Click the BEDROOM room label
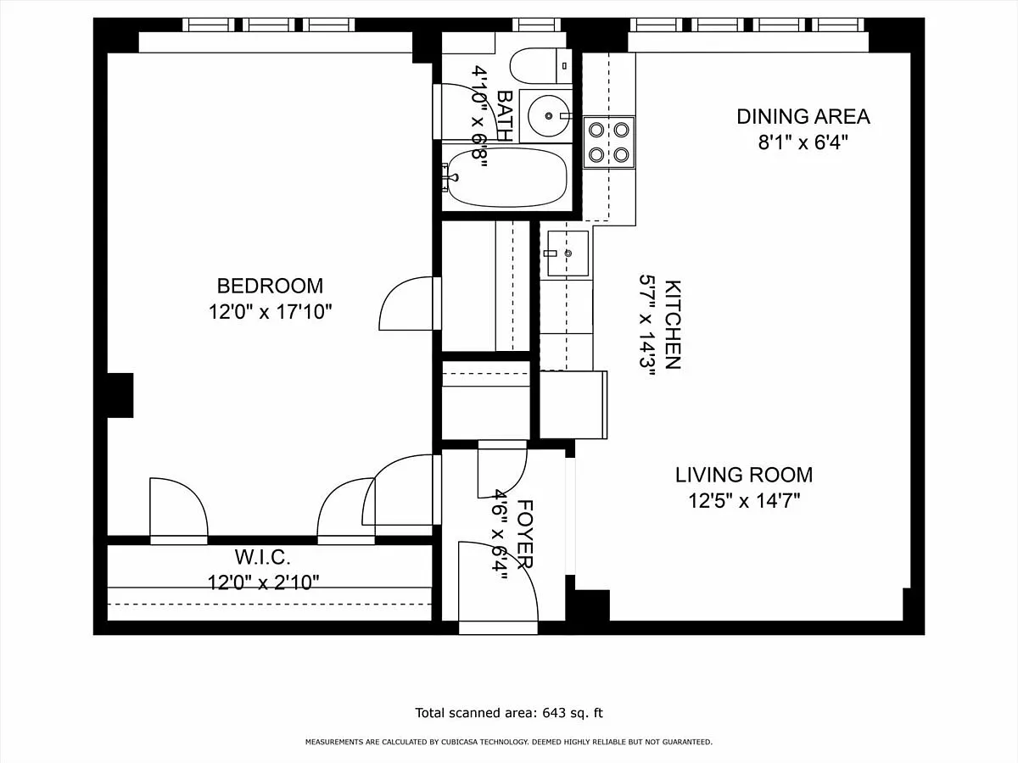[x=270, y=286]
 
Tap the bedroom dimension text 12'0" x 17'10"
[x=270, y=312]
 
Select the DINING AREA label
[x=803, y=117]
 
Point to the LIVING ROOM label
[x=744, y=475]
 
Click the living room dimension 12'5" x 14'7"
[x=744, y=501]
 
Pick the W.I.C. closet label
[x=262, y=557]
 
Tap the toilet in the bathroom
[x=540, y=66]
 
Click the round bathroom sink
[x=548, y=116]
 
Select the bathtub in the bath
[x=507, y=177]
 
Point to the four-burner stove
[x=609, y=142]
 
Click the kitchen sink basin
[x=568, y=253]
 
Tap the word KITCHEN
[x=673, y=325]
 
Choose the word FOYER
[x=524, y=534]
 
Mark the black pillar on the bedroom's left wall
[x=120, y=395]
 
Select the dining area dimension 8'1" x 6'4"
[x=803, y=142]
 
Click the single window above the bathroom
[x=536, y=25]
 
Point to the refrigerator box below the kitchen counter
[x=573, y=405]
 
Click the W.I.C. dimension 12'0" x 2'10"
[x=263, y=582]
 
